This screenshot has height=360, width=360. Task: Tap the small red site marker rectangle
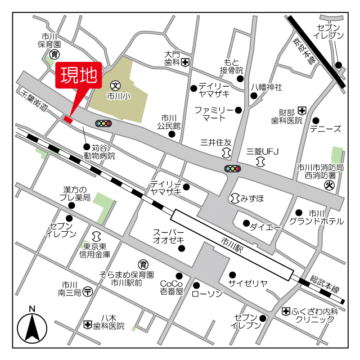click(x=68, y=118)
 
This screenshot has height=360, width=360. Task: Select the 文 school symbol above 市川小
click(x=115, y=86)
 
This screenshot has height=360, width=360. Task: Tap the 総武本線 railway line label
click(x=325, y=283)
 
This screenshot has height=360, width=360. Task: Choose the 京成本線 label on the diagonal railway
click(x=304, y=51)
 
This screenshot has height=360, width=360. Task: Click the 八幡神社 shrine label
click(x=266, y=87)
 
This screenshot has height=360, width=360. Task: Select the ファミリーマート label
click(x=213, y=114)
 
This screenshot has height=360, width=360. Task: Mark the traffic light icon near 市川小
click(x=103, y=123)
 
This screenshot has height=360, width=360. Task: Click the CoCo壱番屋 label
click(x=172, y=287)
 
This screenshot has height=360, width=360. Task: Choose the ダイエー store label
click(x=265, y=227)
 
